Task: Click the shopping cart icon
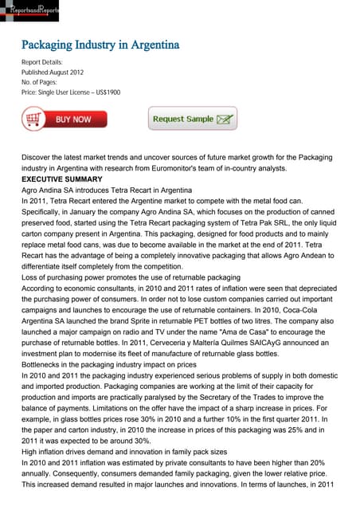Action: pyautogui.click(x=33, y=120)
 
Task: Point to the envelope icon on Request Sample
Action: pyautogui.click(x=225, y=120)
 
